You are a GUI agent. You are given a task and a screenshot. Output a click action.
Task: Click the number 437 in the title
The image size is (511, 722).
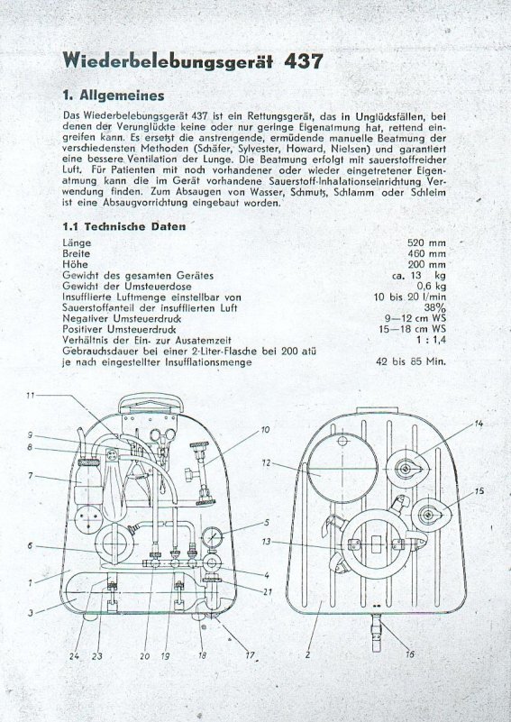pyautogui.click(x=304, y=60)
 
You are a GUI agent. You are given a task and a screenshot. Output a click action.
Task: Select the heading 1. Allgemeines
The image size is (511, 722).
pyautogui.click(x=114, y=96)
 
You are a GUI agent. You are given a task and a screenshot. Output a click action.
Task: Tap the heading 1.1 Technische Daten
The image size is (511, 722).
pyautogui.click(x=124, y=226)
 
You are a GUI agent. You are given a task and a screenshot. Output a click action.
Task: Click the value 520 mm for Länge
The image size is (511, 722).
pyautogui.click(x=426, y=242)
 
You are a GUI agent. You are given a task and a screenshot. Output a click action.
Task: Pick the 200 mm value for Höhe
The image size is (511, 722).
pyautogui.click(x=426, y=265)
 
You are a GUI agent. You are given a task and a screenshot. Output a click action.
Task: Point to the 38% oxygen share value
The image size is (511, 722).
pyautogui.click(x=434, y=308)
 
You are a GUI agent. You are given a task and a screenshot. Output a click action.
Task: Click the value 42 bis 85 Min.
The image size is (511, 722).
pyautogui.click(x=411, y=361)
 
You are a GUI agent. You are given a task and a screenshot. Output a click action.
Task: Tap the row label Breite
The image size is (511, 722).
pyautogui.click(x=77, y=253)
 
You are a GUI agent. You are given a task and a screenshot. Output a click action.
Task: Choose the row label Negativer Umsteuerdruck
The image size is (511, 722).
pyautogui.click(x=122, y=319)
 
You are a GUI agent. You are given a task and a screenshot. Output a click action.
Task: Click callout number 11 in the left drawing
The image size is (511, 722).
pyautogui.click(x=31, y=395)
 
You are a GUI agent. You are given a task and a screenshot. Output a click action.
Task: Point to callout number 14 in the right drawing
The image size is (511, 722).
pyautogui.click(x=479, y=424)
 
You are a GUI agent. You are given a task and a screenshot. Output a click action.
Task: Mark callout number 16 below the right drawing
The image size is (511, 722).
pyautogui.click(x=409, y=653)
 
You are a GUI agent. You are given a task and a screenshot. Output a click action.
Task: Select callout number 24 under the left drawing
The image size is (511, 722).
pyautogui.click(x=74, y=656)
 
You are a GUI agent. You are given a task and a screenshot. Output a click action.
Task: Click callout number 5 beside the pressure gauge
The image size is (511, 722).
pyautogui.click(x=266, y=522)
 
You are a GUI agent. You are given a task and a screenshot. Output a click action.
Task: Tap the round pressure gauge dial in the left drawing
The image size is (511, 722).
pyautogui.click(x=212, y=537)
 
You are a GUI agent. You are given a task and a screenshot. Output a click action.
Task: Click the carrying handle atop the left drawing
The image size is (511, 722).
pyautogui.click(x=151, y=404)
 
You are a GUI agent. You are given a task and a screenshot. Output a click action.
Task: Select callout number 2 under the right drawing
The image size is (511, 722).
pyautogui.click(x=307, y=654)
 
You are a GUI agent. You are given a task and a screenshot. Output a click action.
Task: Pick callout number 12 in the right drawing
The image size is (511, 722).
pyautogui.click(x=266, y=462)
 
